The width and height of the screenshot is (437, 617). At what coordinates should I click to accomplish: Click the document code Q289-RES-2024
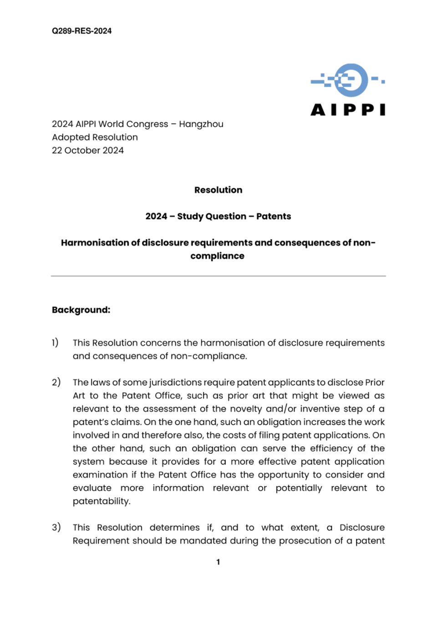point(81,31)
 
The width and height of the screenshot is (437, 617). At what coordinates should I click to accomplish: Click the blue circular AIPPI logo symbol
point(351,80)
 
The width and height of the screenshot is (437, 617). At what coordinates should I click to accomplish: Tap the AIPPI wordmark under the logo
point(348,110)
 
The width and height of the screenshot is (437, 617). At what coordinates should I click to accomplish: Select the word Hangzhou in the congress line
point(201,124)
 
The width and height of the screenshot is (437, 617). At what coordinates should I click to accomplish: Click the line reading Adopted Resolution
point(95,137)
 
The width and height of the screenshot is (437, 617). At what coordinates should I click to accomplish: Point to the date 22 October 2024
point(88,150)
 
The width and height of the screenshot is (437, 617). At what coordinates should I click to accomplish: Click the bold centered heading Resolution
point(218,190)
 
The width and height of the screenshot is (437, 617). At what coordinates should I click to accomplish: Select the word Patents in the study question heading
point(273,216)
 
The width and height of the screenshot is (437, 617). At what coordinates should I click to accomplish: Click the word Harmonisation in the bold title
point(95,243)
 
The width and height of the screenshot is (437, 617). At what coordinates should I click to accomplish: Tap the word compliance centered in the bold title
point(217,256)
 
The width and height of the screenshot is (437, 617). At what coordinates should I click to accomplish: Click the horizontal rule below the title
point(218,276)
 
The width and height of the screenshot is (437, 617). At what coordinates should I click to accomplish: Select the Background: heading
point(81,310)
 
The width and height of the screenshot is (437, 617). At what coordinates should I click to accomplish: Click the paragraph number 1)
point(55,342)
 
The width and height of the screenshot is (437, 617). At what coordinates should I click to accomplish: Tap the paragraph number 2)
point(56,382)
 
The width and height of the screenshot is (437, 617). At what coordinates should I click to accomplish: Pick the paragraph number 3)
point(56,527)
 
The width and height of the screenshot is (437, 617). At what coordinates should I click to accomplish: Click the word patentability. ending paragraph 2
point(102,501)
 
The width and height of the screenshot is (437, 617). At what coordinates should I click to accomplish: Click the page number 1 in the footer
point(218,562)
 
